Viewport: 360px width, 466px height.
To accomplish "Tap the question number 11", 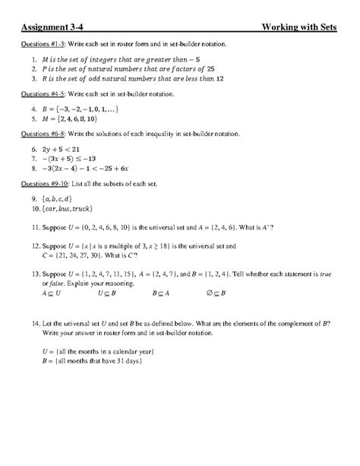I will [x=34, y=227].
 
